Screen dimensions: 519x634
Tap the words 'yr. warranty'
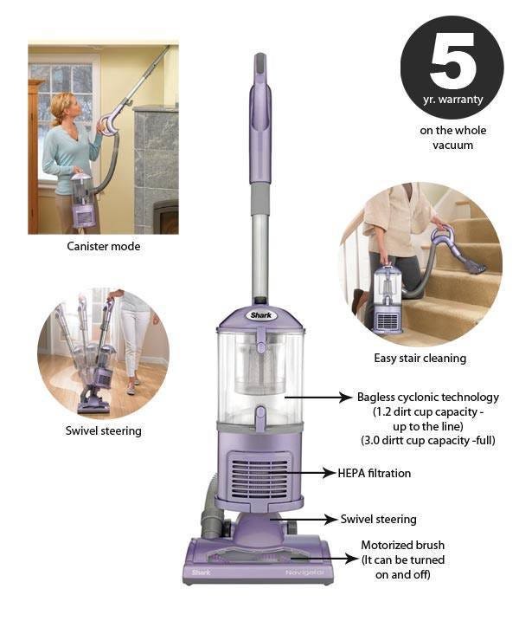452,99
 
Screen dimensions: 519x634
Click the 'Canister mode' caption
104,246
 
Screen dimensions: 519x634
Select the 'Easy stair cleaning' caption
420,359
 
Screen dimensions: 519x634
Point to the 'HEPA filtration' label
375,473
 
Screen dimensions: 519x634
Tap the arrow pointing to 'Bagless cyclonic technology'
318,398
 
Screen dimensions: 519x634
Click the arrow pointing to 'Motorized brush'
324,560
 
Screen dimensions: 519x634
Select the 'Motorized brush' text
403,545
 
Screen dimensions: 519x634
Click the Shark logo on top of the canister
261,315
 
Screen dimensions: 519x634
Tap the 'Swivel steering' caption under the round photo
104,430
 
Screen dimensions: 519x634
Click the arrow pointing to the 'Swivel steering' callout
303,519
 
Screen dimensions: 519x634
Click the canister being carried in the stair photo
388,299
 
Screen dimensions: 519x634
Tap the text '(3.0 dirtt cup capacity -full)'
427,440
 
